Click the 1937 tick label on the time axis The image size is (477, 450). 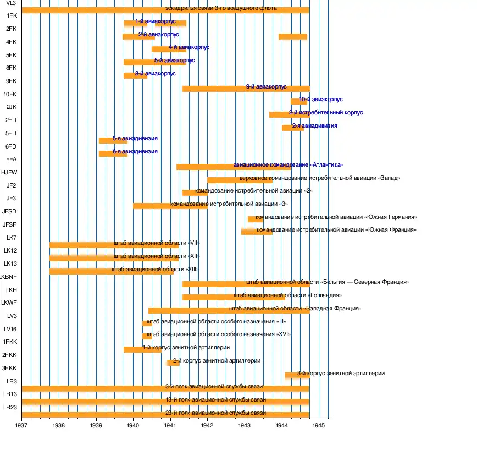[x=22, y=425]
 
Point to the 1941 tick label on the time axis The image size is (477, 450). [x=170, y=425]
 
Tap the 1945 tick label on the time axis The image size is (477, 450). [x=319, y=425]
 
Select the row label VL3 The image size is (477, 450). [x=11, y=3]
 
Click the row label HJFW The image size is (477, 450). [x=9, y=172]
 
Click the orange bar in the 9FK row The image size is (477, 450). [x=220, y=89]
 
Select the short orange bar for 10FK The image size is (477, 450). [x=295, y=101]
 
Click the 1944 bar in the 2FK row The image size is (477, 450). [x=293, y=37]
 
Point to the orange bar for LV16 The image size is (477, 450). [x=147, y=336]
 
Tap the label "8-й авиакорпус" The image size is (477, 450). [x=155, y=73]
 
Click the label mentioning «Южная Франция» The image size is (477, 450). [x=336, y=229]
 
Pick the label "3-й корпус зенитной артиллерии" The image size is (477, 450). [x=341, y=373]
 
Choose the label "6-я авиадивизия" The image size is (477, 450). [x=135, y=151]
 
